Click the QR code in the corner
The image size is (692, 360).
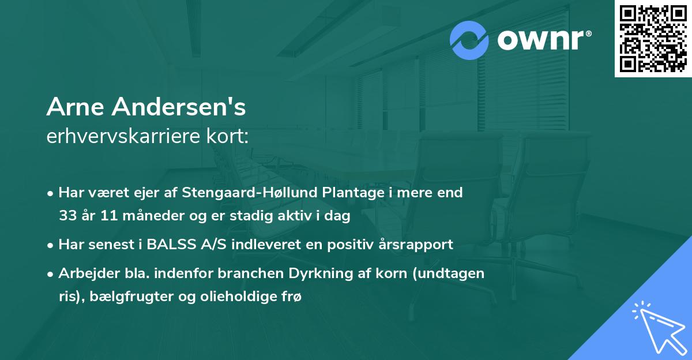(x=653, y=39)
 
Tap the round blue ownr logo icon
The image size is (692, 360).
(x=469, y=41)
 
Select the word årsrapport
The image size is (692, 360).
(x=415, y=245)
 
